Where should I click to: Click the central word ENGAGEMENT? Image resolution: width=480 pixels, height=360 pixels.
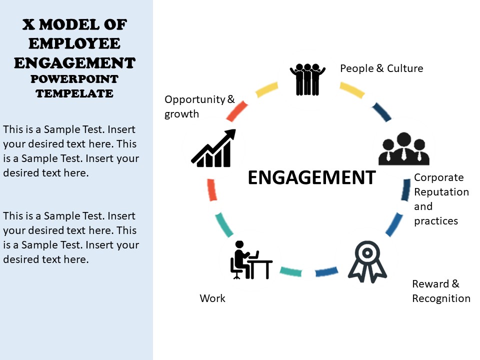pos(311,177)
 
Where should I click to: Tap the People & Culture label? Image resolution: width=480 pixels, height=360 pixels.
pos(381,68)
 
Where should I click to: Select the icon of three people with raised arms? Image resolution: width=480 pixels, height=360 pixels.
pos(307,79)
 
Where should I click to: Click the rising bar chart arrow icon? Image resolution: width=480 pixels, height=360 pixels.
pos(213,148)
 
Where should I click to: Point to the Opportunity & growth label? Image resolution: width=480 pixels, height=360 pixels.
pos(199,106)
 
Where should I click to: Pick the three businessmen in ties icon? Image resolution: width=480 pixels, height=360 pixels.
pos(404,149)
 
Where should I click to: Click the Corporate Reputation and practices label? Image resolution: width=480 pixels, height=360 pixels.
pos(441,199)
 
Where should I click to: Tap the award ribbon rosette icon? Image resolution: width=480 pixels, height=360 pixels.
pos(367,261)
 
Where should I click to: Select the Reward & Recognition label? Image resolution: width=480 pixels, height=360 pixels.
pos(441,291)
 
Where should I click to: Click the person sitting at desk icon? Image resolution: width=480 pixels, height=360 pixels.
pos(251,260)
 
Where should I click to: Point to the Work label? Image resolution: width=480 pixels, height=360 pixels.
pos(212,298)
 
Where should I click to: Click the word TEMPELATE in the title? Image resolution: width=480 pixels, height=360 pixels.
pos(74,93)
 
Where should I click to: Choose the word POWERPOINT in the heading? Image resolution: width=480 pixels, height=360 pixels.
pos(74,79)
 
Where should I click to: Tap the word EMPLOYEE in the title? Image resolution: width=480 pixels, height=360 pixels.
pos(74,43)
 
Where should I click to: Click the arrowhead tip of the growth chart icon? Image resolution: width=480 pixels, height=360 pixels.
pos(235,129)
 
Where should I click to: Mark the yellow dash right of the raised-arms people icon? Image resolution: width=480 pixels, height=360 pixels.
pos(352,90)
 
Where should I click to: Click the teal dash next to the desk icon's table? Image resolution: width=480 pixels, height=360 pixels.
pos(291,271)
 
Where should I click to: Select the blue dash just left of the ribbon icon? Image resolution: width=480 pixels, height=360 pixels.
pos(326,271)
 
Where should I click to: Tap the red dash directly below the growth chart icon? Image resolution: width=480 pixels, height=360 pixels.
pos(212,190)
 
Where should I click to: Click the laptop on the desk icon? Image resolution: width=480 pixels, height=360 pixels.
pos(254,255)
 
